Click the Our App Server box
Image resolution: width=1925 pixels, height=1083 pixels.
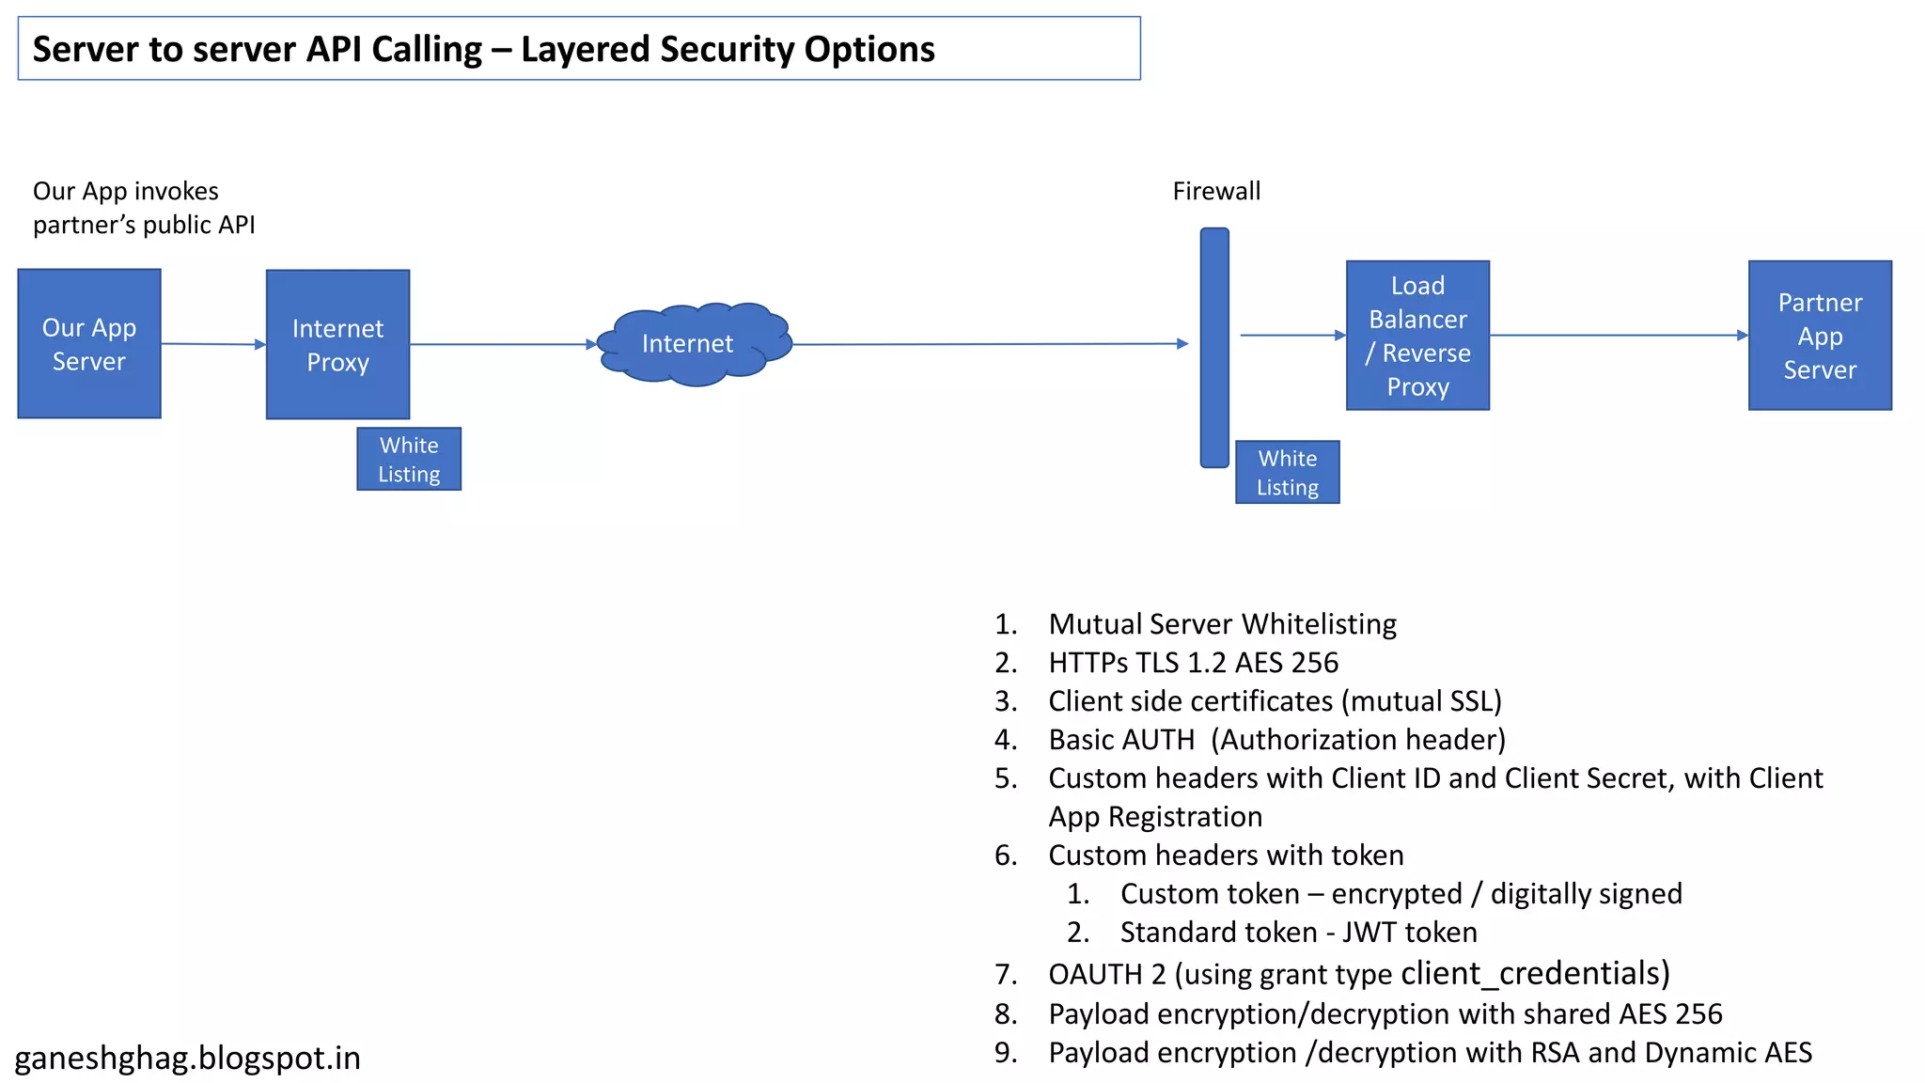pos(89,344)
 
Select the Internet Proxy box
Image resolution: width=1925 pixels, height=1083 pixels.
pos(337,344)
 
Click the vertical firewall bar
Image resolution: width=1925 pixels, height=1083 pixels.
pos(1214,347)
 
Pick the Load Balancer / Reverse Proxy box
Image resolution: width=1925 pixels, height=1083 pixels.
pos(1417,336)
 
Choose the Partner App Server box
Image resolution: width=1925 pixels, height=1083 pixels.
pos(1820,336)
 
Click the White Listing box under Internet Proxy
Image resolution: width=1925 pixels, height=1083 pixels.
pos(409,459)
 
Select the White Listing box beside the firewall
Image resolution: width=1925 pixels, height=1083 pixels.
pos(1287,472)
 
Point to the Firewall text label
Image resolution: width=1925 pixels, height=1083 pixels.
pos(1216,192)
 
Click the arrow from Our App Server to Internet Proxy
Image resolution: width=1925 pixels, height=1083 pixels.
pos(213,344)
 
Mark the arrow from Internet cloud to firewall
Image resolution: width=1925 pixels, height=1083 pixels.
pos(987,344)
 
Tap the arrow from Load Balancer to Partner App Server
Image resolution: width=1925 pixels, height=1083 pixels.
pos(1617,335)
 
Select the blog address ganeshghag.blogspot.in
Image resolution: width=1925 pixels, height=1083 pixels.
pos(188,1059)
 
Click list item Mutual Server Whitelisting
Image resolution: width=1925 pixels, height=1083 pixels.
pos(1222,624)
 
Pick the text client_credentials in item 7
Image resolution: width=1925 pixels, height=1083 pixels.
pos(1533,974)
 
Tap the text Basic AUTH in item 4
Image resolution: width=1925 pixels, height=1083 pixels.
pos(1121,740)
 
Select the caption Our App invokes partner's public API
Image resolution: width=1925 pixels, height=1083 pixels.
pos(143,208)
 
